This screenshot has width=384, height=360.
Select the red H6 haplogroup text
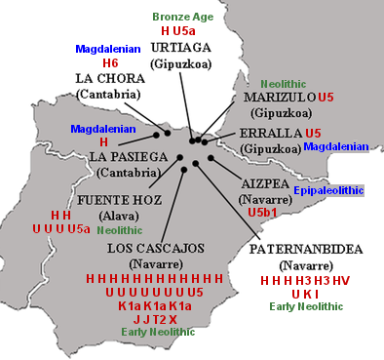pyautogui.click(x=109, y=63)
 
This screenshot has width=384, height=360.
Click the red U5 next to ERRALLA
pyautogui.click(x=313, y=133)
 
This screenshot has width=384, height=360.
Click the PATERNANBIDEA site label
pyautogui.click(x=307, y=250)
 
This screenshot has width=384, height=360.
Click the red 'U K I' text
pyautogui.click(x=305, y=293)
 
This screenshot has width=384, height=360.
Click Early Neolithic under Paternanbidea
pyautogui.click(x=306, y=306)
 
